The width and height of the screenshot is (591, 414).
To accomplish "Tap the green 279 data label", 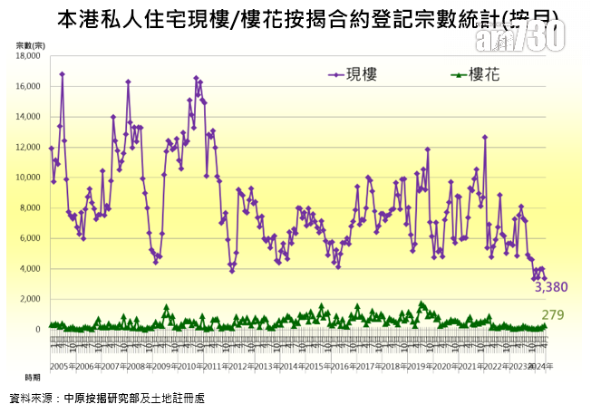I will click(553, 314).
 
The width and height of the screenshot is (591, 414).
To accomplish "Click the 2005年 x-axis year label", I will click(62, 366).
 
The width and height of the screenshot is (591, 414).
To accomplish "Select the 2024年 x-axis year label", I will click(538, 366).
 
